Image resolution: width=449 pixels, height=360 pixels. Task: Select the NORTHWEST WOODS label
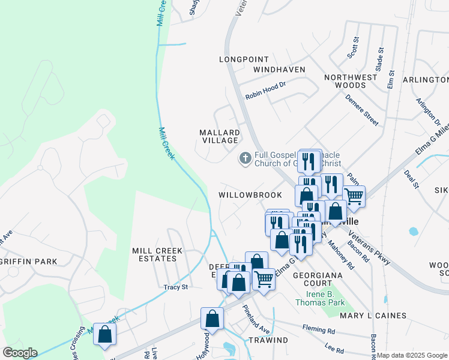(x=351, y=81)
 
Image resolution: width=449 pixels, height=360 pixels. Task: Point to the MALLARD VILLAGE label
(x=220, y=136)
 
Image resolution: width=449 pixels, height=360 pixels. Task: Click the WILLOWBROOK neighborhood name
(x=250, y=196)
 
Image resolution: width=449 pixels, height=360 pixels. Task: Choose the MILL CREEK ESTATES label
(x=154, y=254)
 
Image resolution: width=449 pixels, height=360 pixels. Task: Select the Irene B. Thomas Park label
(x=320, y=298)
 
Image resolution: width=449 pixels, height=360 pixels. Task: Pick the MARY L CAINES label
(x=373, y=315)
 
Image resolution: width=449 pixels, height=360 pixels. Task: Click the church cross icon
(x=245, y=158)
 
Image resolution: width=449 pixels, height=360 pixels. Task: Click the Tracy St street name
(x=176, y=287)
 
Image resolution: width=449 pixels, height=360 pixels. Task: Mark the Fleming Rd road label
(x=323, y=330)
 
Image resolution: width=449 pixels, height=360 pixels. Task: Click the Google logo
(x=20, y=353)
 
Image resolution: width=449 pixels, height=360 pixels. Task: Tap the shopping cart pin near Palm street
(x=354, y=196)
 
